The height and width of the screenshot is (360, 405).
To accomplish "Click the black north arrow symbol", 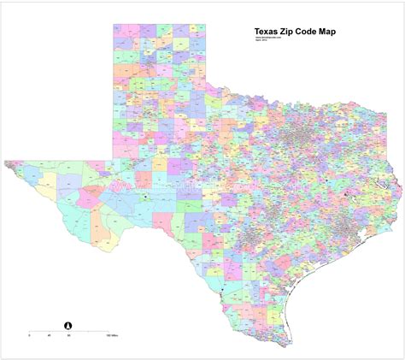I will click(x=68, y=324).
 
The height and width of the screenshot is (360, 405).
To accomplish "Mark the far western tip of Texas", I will click(x=5, y=160).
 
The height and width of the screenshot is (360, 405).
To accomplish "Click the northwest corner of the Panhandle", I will click(x=113, y=24).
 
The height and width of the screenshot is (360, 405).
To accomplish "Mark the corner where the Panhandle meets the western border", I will click(x=113, y=158).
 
